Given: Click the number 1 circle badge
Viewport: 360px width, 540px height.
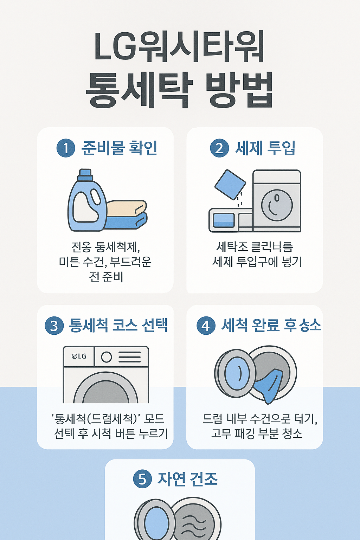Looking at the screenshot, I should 66,148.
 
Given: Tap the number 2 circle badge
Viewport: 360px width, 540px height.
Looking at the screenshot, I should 219,148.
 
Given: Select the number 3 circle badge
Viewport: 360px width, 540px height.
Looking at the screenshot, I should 54,326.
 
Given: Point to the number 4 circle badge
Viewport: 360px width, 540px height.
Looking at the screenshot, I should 206,326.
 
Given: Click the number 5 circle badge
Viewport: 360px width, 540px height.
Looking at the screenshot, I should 142,479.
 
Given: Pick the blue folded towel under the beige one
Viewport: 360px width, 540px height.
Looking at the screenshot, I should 127,222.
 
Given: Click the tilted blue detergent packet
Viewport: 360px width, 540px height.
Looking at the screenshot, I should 230,185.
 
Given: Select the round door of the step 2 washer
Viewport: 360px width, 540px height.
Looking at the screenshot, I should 277,205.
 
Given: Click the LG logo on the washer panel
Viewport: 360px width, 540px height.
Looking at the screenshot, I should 79,356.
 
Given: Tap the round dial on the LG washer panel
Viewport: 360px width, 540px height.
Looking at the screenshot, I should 107,357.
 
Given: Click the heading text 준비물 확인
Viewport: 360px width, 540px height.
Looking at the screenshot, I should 119,148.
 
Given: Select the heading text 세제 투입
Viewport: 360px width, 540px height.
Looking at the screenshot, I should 265,148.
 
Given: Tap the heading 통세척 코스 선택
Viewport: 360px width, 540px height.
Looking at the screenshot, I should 118,326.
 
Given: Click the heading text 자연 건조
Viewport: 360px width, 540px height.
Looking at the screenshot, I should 188,479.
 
